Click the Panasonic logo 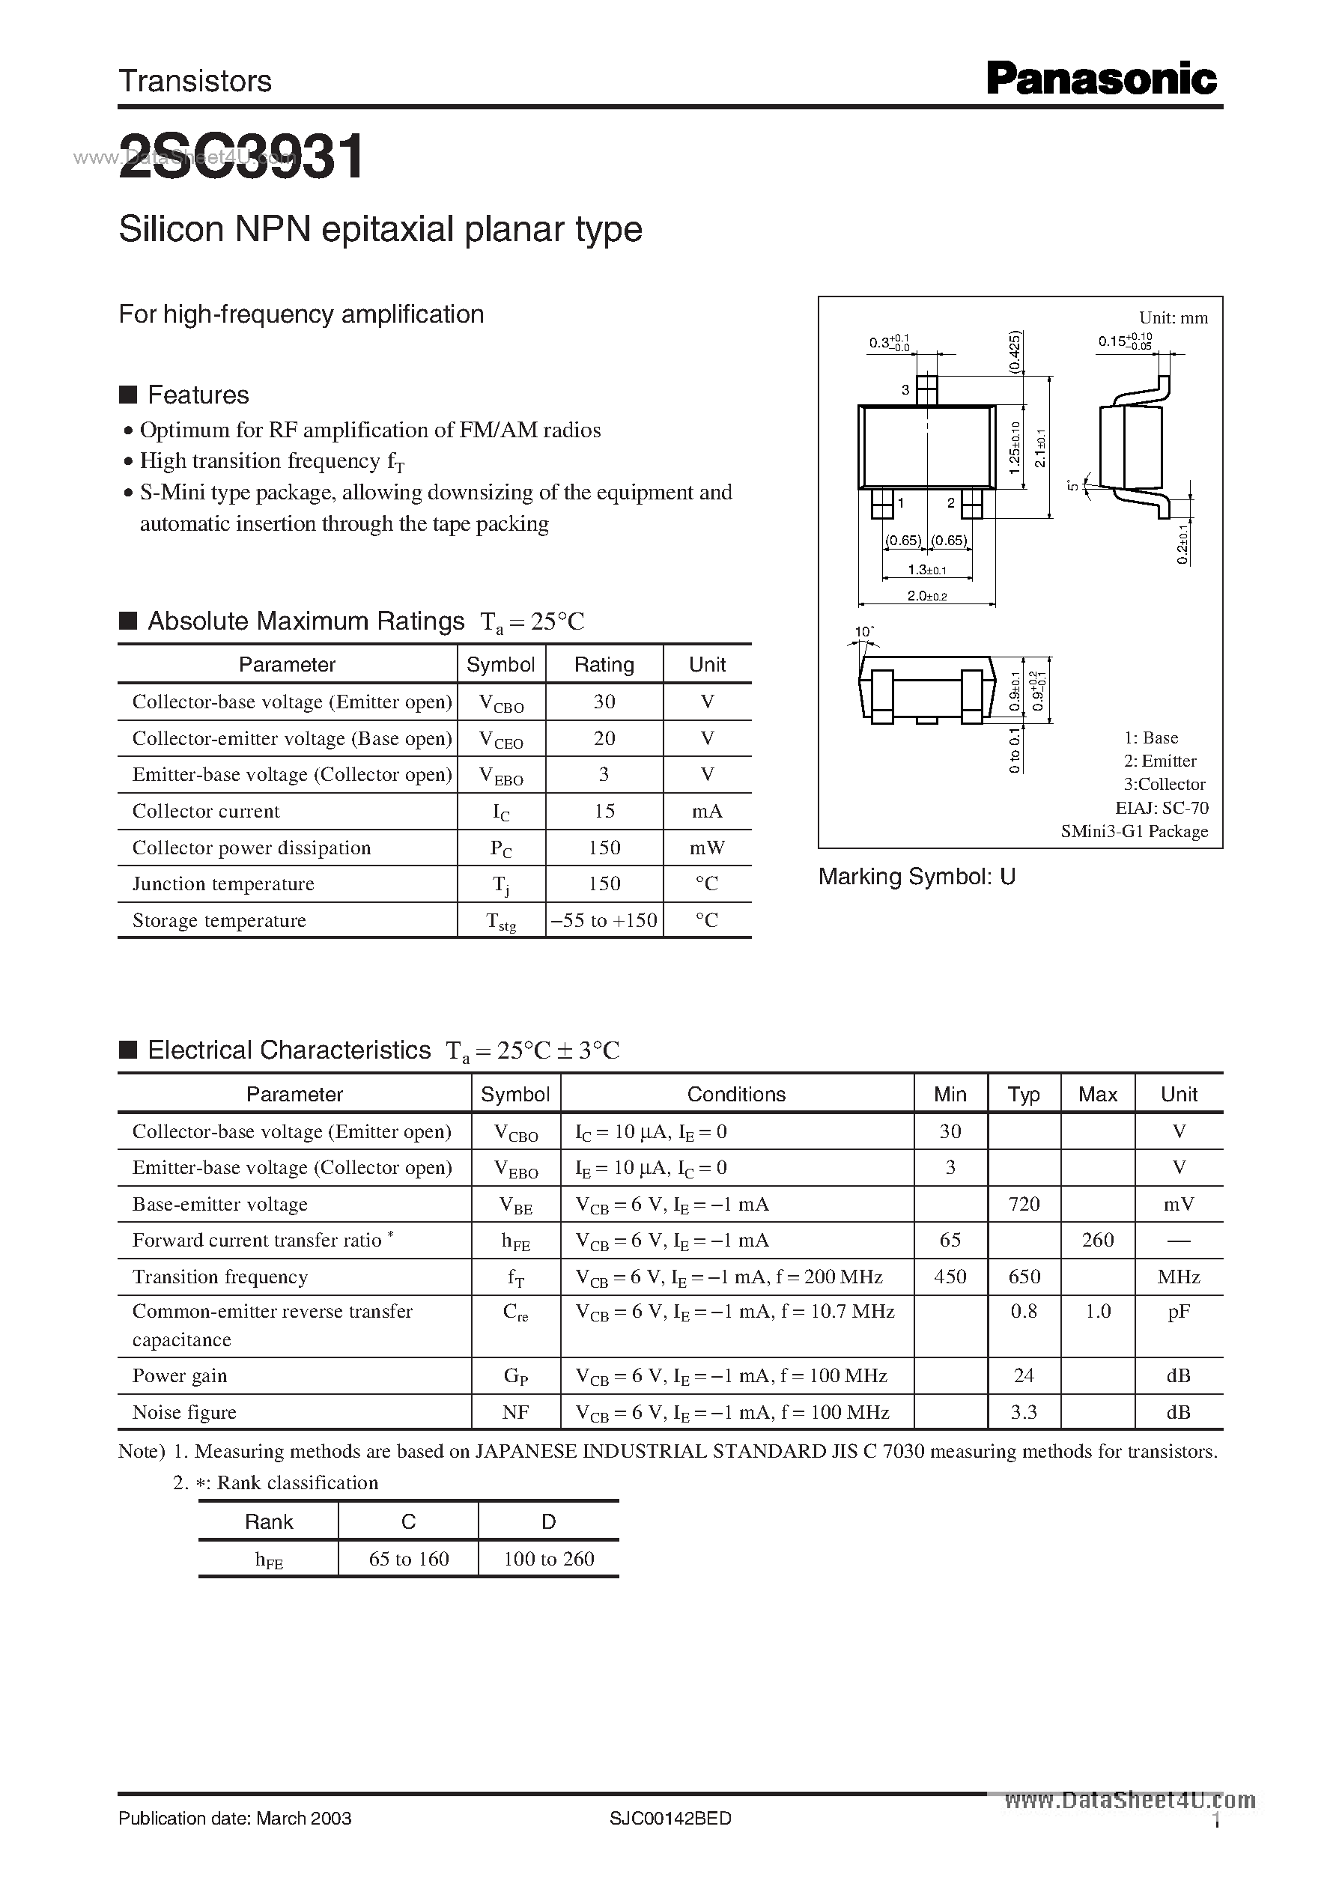1102,80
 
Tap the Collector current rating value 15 604,811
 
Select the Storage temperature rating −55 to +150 604,920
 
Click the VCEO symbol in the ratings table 501,739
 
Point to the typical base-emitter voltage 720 1024,1204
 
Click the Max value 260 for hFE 1097,1240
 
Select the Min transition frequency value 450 950,1277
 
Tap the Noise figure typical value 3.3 1024,1412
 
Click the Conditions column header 736,1094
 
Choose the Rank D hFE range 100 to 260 549,1559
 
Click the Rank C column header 408,1521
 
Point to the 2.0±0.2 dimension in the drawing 926,595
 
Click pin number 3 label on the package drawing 905,390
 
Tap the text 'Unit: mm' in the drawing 1173,318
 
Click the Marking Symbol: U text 917,877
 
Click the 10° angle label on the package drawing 864,632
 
